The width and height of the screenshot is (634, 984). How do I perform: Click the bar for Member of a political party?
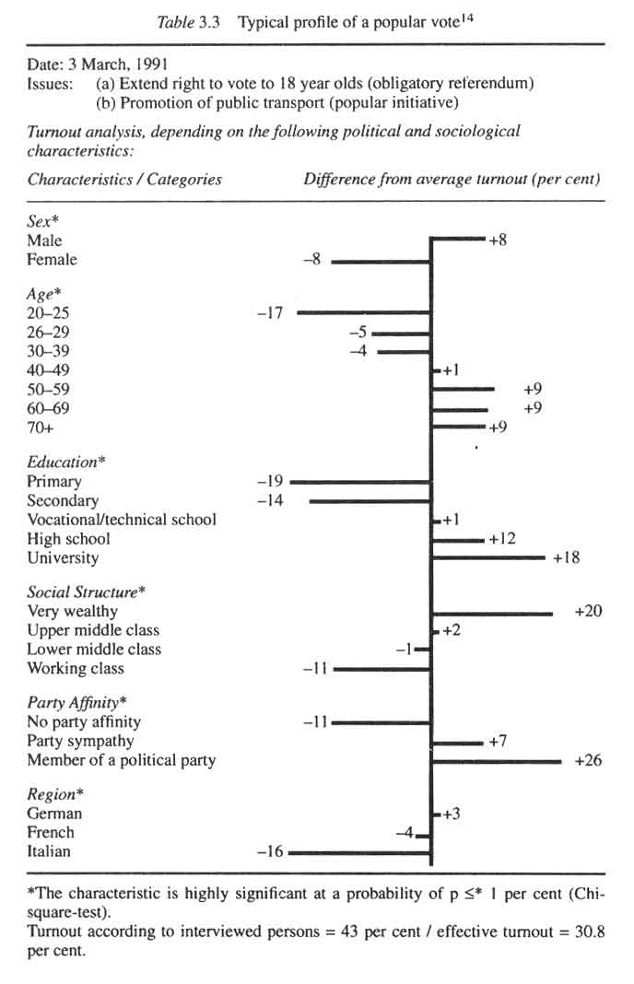tap(497, 761)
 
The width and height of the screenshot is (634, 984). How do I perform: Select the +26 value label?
tap(587, 761)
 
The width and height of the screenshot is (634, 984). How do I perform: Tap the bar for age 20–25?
tap(364, 313)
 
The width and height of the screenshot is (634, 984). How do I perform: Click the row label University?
tap(63, 558)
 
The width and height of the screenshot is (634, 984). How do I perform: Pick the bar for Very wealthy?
tap(492, 613)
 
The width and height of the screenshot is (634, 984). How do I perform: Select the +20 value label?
tap(587, 612)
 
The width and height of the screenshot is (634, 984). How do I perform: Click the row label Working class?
tap(76, 669)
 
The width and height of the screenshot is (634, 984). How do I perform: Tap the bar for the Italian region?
tap(360, 853)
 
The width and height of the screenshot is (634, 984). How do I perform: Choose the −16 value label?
tap(269, 852)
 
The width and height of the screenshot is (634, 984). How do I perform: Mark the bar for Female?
tap(382, 262)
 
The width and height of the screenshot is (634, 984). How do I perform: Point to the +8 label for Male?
tap(498, 240)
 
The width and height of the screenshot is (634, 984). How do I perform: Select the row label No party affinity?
tap(84, 722)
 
